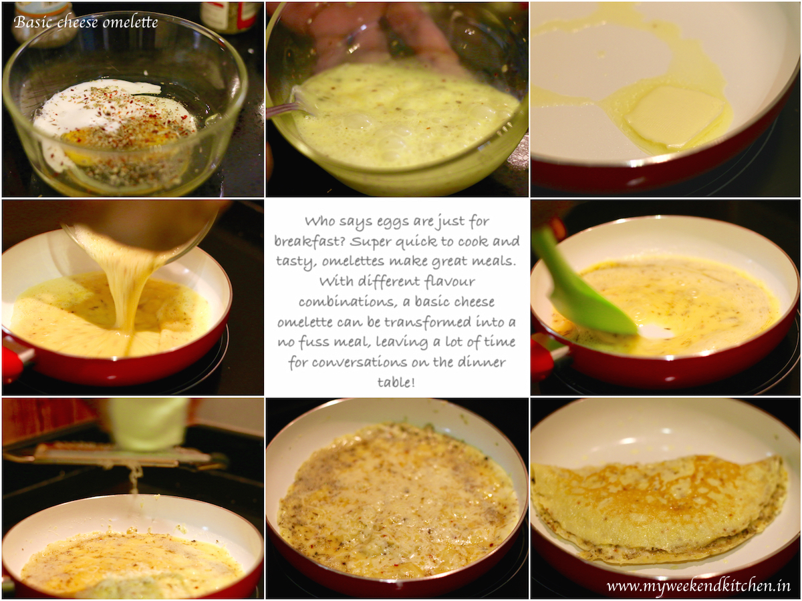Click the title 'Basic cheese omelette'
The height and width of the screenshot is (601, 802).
[86, 23]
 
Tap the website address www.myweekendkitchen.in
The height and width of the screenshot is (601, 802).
[698, 586]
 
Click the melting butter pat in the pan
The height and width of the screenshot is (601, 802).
[674, 117]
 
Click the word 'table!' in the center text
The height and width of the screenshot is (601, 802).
[396, 382]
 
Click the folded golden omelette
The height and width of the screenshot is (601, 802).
[658, 509]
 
